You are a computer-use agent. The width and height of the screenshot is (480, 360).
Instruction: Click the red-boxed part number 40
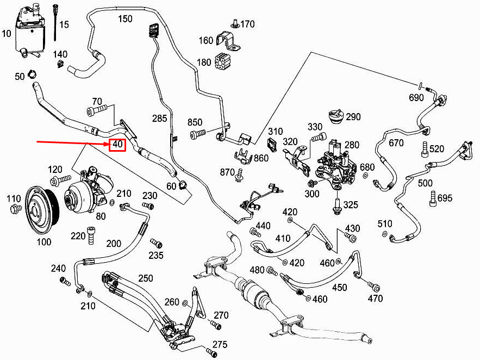[118, 144]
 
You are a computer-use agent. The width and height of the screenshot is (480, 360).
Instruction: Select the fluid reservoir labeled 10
[30, 32]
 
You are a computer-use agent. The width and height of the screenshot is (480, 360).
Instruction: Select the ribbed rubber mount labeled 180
[222, 62]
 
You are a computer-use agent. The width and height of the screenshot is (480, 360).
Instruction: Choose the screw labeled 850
[198, 134]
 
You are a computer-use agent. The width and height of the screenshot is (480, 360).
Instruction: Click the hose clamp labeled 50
[32, 74]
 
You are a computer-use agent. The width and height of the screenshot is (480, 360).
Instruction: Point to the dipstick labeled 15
[55, 22]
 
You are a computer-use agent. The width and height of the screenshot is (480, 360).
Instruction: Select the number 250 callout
[146, 278]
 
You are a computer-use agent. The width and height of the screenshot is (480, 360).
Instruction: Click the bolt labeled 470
[375, 287]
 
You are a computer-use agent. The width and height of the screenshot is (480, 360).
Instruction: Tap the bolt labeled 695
[433, 198]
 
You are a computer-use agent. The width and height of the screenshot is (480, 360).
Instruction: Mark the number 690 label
[416, 98]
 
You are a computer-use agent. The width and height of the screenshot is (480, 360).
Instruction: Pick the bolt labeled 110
[16, 209]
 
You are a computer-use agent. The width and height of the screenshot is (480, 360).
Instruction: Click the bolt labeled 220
[90, 235]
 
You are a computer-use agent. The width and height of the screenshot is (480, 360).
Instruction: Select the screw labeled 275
[211, 353]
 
